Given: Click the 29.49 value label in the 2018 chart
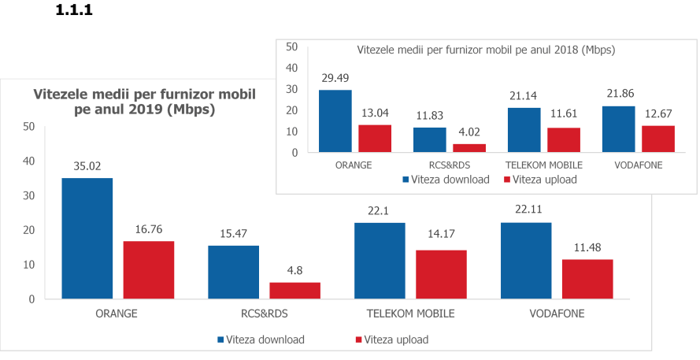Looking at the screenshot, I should click(x=335, y=78).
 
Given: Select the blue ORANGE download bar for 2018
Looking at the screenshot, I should click(x=335, y=121).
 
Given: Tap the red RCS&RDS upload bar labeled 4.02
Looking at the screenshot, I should click(x=469, y=148).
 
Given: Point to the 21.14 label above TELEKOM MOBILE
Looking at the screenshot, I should click(x=524, y=96).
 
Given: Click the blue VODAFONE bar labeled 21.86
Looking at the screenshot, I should click(x=618, y=128).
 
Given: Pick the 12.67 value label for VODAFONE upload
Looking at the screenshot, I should click(x=657, y=114).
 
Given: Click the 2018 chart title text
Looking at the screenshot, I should click(x=486, y=49).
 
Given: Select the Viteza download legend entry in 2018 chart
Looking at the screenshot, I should click(x=446, y=180).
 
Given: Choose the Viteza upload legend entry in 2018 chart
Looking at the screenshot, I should click(x=539, y=180).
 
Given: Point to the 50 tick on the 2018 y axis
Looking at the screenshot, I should click(x=291, y=46).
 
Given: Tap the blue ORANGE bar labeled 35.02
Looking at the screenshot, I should click(x=87, y=238).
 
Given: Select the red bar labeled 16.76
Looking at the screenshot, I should click(x=148, y=269).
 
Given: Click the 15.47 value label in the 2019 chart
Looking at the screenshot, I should click(x=233, y=234).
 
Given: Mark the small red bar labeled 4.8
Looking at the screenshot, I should click(x=294, y=290).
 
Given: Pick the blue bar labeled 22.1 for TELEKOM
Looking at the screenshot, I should click(x=380, y=260).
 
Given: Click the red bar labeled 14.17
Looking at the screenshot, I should click(x=440, y=274).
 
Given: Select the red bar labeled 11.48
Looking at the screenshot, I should click(x=587, y=279).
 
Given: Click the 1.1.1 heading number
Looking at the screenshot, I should click(x=75, y=12).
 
